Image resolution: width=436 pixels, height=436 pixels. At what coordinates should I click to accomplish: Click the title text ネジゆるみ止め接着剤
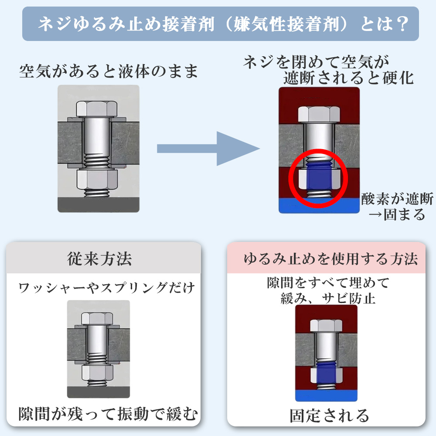click(126, 24)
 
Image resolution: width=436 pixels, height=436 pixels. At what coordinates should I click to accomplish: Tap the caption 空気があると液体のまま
click(109, 71)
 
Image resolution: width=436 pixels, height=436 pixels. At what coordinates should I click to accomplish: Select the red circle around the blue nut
click(318, 177)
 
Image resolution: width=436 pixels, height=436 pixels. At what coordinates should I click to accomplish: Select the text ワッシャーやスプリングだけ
click(106, 288)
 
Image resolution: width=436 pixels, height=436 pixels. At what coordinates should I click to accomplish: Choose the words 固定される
click(329, 415)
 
